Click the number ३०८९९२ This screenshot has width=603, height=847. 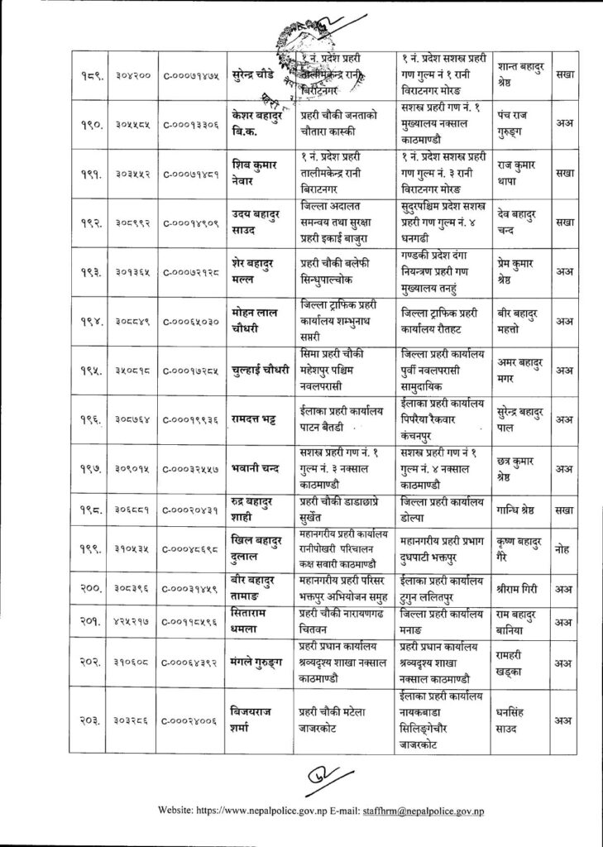pyautogui.click(x=132, y=223)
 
